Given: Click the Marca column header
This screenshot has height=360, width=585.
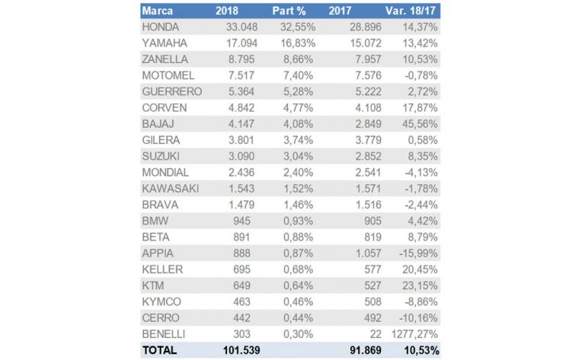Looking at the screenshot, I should (158, 11).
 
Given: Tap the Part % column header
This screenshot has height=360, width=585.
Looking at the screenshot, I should (289, 11).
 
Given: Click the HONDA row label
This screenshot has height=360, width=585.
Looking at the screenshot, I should (161, 27).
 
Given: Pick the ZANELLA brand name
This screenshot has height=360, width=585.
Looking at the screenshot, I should (165, 59).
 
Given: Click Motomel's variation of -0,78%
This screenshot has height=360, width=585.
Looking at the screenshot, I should (416, 75).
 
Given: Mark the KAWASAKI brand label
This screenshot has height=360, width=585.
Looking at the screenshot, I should (170, 188).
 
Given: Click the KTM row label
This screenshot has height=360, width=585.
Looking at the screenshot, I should (153, 285).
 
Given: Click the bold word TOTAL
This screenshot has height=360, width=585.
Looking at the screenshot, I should (159, 350).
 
